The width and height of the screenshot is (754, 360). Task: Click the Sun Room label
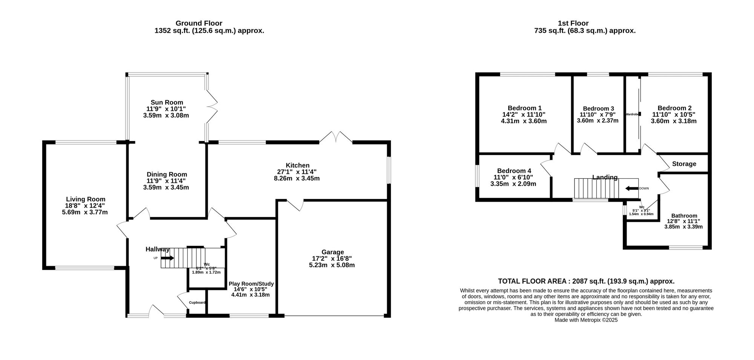167,102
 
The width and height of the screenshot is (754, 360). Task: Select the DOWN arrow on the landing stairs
631,188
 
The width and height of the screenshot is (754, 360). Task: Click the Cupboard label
197,303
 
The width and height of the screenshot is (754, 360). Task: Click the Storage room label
684,164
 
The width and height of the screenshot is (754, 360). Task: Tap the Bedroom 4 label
514,171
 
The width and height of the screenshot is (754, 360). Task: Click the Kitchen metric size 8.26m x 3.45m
297,178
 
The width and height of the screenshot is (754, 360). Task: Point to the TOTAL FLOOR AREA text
586,281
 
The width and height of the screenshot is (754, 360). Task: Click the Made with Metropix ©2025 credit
586,320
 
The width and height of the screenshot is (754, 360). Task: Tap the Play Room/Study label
251,284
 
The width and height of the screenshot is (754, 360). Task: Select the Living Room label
86,199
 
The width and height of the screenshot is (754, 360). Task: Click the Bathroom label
684,216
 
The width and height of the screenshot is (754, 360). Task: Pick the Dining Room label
167,174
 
